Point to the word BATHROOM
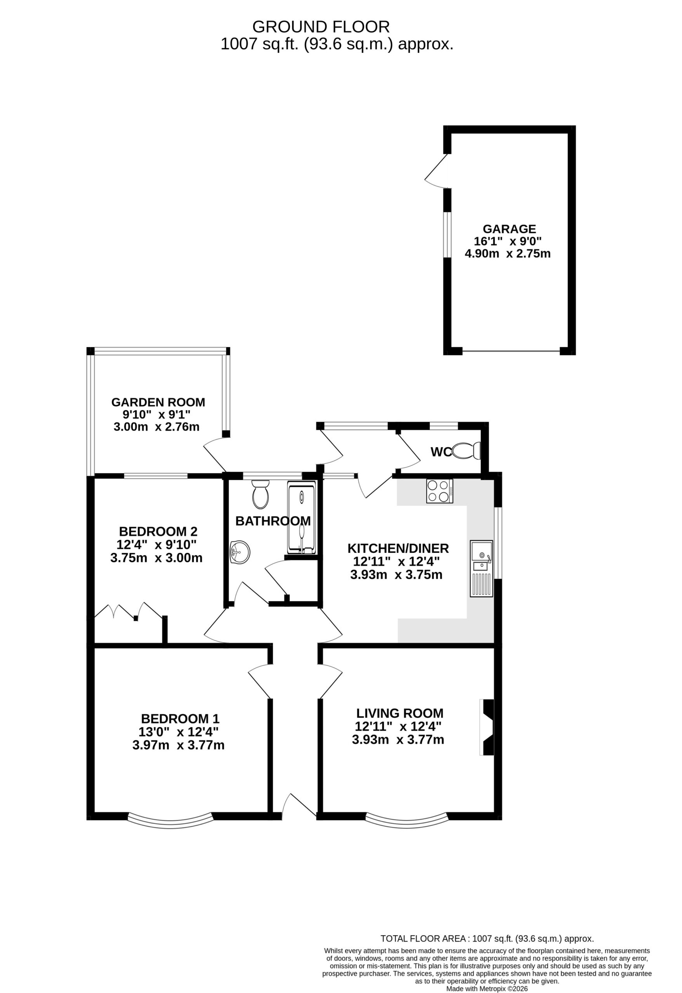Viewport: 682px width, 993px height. [273, 521]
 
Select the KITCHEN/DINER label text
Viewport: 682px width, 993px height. [398, 548]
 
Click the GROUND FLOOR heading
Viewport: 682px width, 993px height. [321, 27]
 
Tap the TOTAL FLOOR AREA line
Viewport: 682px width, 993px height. [487, 939]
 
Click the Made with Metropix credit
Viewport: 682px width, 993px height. [487, 989]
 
